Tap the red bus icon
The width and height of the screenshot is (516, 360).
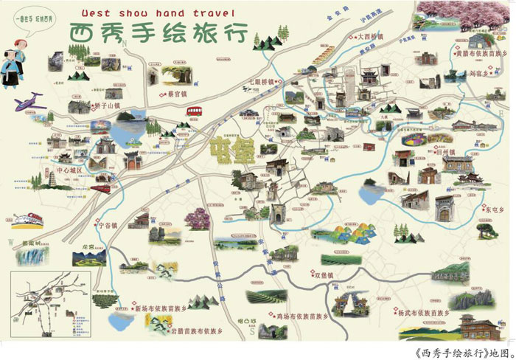(195, 111)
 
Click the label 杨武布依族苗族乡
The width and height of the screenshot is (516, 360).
(428, 312)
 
